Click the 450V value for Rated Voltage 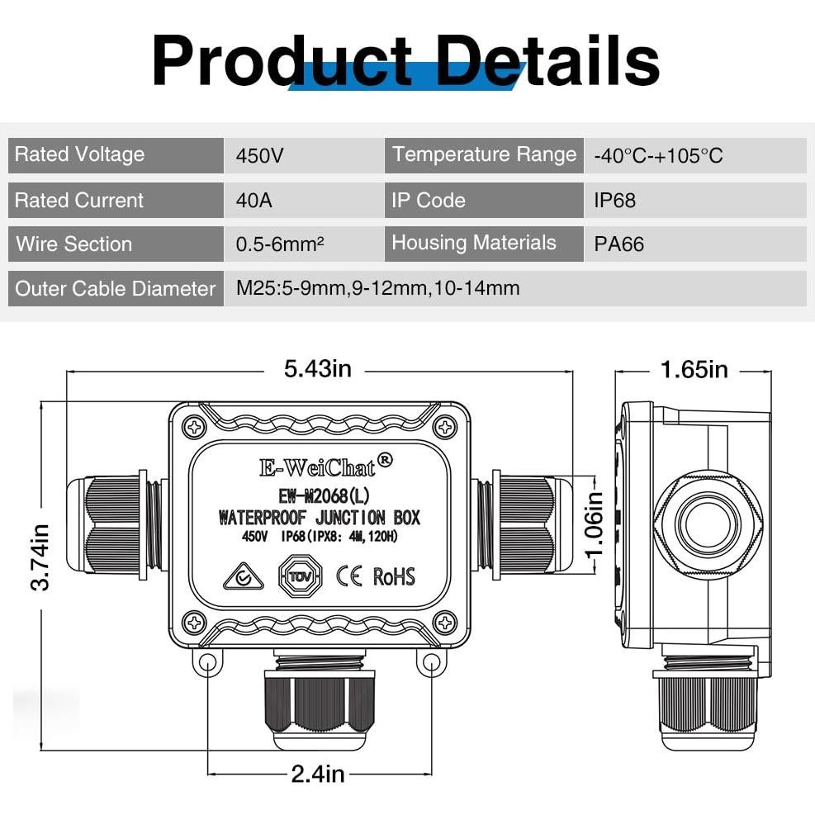point(261,155)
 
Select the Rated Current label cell point(79,200)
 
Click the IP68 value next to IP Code point(615,200)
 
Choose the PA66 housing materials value point(618,244)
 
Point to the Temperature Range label point(484,155)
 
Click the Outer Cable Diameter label point(116,289)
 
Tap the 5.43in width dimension point(318,369)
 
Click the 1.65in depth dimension point(694,369)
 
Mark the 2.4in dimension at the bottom point(318,774)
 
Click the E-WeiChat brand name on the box point(318,467)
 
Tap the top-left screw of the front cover point(195,427)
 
